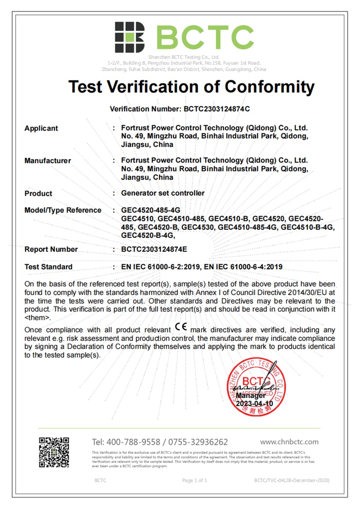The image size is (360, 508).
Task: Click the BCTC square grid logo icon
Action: pyautogui.click(x=129, y=37)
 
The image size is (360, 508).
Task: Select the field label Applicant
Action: pyautogui.click(x=41, y=129)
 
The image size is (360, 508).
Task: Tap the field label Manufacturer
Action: pyautogui.click(x=48, y=161)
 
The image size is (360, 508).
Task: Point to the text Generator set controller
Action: pyautogui.click(x=163, y=193)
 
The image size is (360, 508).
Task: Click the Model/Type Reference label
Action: pyautogui.click(x=63, y=210)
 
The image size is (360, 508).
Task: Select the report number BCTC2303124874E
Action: pyautogui.click(x=155, y=250)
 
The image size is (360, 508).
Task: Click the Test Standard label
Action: pyautogui.click(x=49, y=267)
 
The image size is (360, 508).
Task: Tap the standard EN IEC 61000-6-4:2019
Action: pyautogui.click(x=243, y=267)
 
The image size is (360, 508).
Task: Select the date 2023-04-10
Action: pyautogui.click(x=254, y=404)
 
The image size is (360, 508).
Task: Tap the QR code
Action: pyautogui.click(x=54, y=452)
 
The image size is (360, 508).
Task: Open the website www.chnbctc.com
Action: pyautogui.click(x=289, y=442)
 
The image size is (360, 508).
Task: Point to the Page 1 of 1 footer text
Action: pyautogui.click(x=195, y=480)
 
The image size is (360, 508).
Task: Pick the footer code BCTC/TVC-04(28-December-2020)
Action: pyautogui.click(x=292, y=480)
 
